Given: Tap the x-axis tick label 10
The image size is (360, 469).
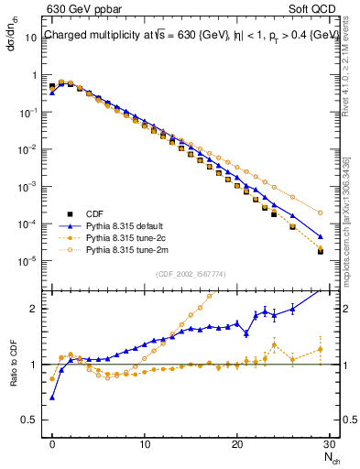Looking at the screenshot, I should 145,442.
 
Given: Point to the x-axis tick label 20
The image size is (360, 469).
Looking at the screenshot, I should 237,442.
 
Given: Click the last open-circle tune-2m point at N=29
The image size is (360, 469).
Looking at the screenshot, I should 320,213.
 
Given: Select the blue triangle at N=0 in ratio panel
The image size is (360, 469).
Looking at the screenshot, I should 52,398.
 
